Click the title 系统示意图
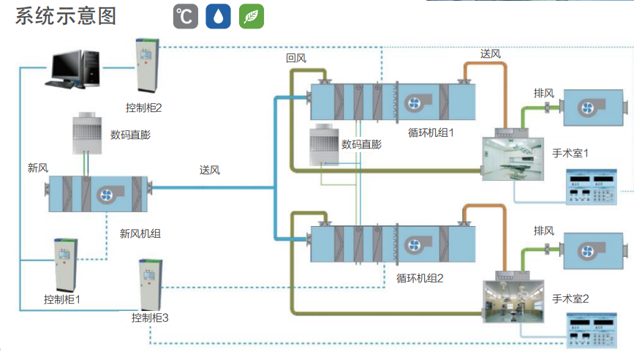(66, 16)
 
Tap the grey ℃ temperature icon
(186, 17)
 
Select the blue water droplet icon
(218, 17)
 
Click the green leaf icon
(252, 17)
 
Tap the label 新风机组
(140, 234)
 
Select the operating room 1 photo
(512, 160)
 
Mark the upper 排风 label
(544, 93)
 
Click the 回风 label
(295, 57)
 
